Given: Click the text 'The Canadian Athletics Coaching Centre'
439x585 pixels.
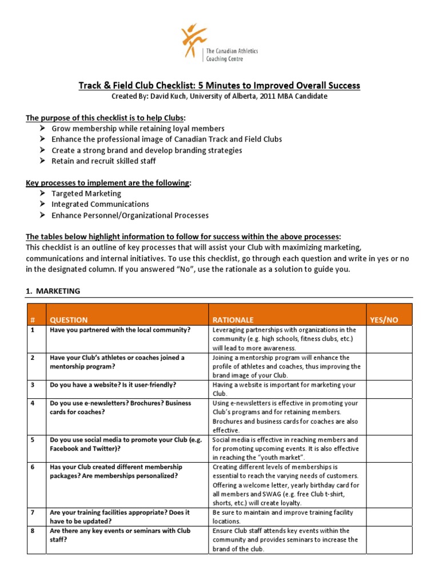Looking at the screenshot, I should tap(232, 54).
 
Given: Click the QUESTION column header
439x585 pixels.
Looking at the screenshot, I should tap(69, 320).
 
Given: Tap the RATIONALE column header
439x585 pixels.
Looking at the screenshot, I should tap(233, 320).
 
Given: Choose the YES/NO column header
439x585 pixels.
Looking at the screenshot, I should tap(384, 320).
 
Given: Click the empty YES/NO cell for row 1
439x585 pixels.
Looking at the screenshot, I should tap(389, 339).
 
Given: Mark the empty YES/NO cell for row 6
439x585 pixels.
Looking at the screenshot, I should tap(389, 485).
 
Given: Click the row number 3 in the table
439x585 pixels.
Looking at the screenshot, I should tap(33, 385).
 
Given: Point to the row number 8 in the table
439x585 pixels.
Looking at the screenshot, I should tap(33, 531).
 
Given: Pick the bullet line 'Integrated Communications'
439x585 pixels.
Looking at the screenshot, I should tap(100, 204).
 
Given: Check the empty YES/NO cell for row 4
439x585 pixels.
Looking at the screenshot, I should tap(389, 416).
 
